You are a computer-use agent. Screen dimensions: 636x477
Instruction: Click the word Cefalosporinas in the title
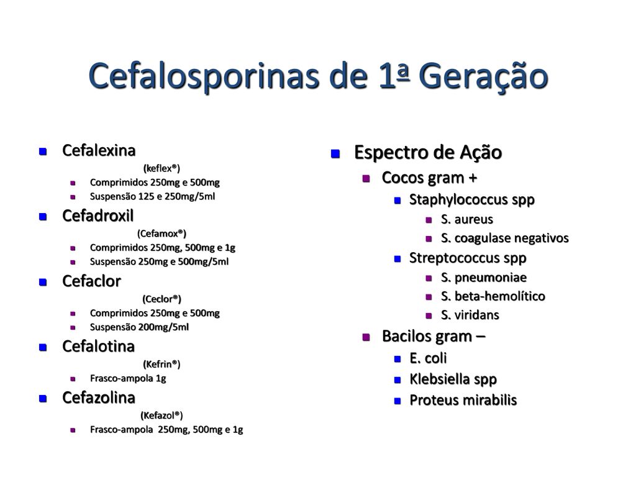(x=204, y=76)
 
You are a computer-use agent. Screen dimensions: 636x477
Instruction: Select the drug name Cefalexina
(x=99, y=150)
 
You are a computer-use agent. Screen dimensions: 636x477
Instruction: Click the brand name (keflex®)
(x=161, y=168)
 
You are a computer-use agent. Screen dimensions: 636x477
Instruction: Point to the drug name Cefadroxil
(x=98, y=216)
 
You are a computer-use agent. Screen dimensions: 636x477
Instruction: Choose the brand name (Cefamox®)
(x=161, y=234)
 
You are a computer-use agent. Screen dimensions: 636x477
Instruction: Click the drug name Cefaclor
(x=91, y=281)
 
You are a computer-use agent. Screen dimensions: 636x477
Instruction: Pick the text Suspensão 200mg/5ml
(x=139, y=327)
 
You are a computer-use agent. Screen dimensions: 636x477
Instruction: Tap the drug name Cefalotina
(x=98, y=347)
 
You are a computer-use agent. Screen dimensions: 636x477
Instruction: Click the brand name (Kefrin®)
(x=161, y=364)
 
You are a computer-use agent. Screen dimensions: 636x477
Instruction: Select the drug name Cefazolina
(x=99, y=397)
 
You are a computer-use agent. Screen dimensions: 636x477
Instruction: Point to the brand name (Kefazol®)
(x=161, y=416)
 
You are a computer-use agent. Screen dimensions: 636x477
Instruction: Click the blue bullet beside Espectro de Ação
(x=335, y=154)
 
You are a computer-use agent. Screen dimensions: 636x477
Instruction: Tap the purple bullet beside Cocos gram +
(x=366, y=178)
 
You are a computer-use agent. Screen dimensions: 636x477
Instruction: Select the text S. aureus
(x=467, y=219)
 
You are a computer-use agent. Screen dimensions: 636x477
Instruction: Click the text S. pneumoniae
(x=483, y=278)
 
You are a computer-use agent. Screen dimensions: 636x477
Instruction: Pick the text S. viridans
(x=470, y=315)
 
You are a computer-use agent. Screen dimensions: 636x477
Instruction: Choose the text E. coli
(x=428, y=358)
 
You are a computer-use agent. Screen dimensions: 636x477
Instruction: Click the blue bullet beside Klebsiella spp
(x=397, y=380)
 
